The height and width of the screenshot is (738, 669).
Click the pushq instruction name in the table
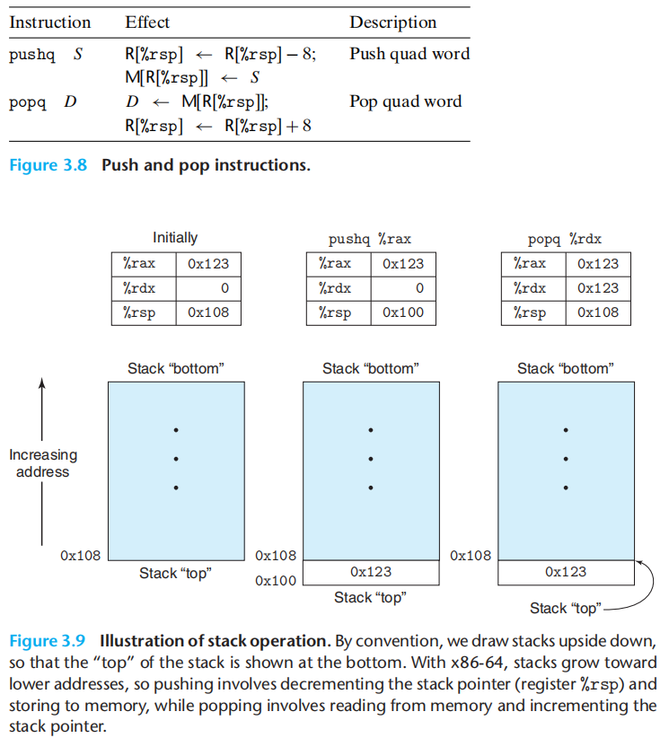click(31, 55)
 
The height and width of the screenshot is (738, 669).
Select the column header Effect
click(147, 22)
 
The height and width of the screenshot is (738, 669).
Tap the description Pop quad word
click(405, 101)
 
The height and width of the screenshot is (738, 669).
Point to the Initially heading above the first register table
click(175, 238)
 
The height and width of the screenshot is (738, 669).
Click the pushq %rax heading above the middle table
click(370, 239)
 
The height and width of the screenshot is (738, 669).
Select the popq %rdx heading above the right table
click(565, 239)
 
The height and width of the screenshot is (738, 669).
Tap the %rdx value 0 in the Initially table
click(224, 288)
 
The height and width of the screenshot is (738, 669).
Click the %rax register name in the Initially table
click(139, 264)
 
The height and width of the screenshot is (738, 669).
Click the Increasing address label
click(43, 462)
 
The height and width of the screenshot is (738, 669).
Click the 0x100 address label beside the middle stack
click(276, 581)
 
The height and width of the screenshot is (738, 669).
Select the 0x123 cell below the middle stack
click(371, 571)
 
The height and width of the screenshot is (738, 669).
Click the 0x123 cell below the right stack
click(566, 571)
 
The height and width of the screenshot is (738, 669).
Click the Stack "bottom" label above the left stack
click(176, 368)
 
